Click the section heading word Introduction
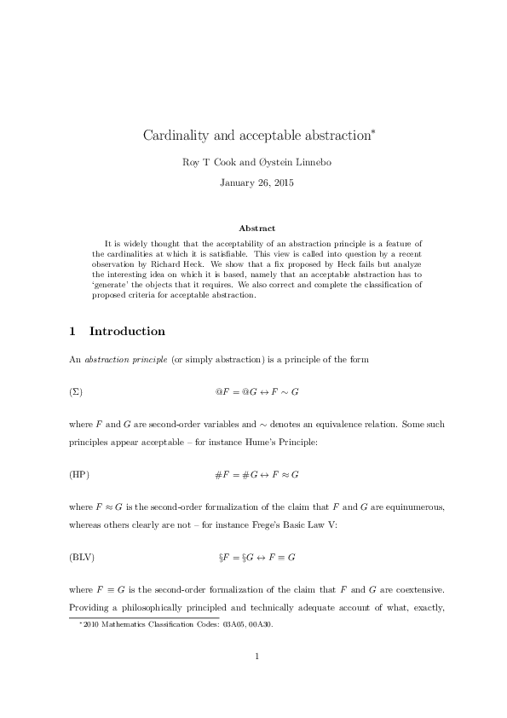coord(127,331)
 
